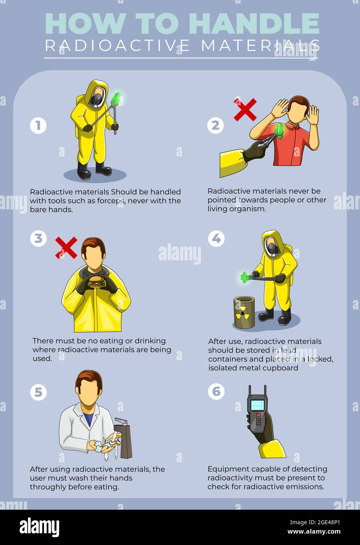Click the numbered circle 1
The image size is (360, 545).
click(x=38, y=125)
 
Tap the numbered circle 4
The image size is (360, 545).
click(x=216, y=238)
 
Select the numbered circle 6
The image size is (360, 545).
click(x=216, y=391)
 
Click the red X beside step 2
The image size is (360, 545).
click(x=245, y=110)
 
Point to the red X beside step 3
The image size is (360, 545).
click(x=66, y=248)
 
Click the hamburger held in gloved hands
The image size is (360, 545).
click(x=97, y=282)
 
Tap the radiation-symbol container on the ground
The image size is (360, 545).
click(x=244, y=312)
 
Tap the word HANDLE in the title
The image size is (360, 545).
click(x=254, y=24)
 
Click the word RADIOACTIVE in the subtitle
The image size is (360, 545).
click(x=117, y=45)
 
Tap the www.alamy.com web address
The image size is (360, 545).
click(x=314, y=532)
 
